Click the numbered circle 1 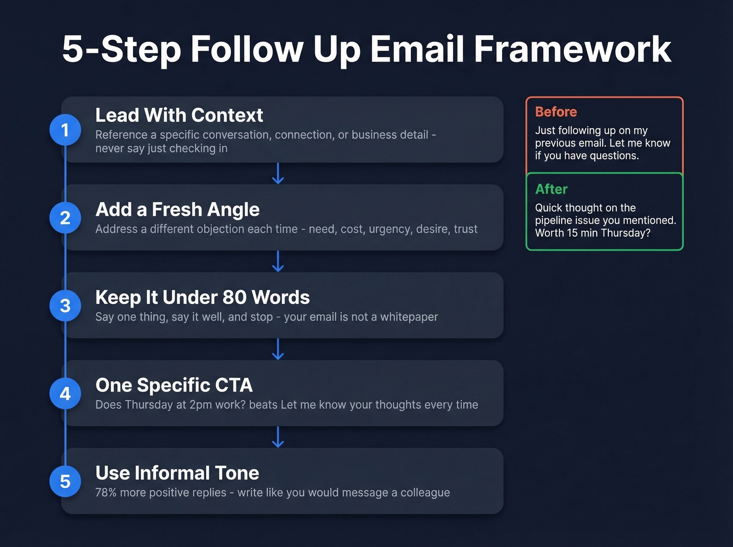[65, 130]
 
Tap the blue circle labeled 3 [65, 306]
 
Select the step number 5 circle [65, 482]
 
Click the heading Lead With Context [179, 115]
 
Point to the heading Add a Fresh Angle [177, 209]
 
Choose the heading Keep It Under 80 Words [203, 297]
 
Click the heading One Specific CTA [174, 385]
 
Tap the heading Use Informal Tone [177, 473]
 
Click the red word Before [556, 112]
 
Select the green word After [551, 189]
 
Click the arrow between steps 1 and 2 [278, 173]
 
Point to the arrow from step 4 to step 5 [278, 437]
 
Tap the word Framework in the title [572, 49]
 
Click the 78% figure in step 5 [106, 493]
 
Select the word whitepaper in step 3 [409, 317]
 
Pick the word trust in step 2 [465, 229]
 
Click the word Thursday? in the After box [626, 233]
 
